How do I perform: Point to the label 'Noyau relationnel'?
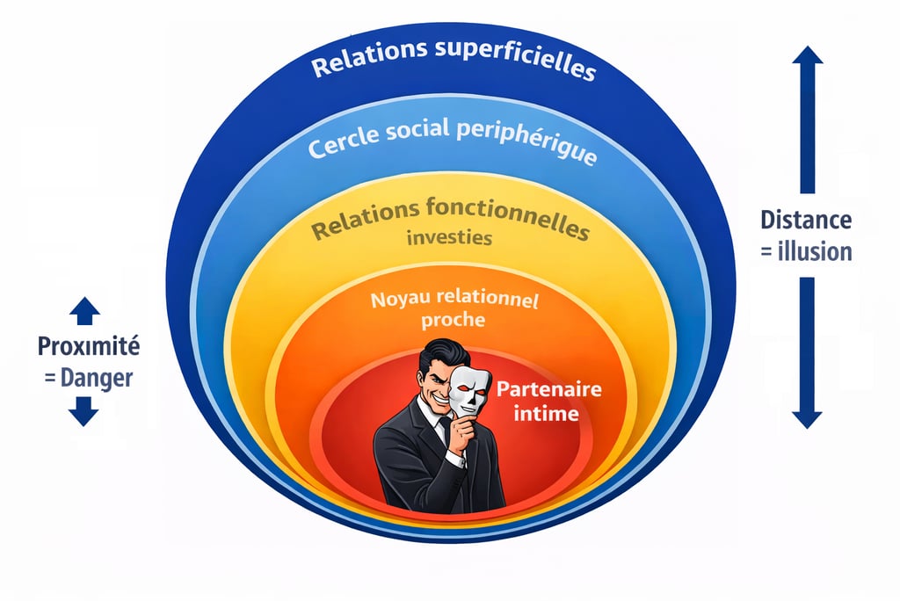pos(454,300)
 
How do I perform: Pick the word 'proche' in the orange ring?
pos(453,320)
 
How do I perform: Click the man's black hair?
pos(439,354)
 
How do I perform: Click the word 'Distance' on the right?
pos(805,221)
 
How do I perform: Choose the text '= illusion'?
pos(805,251)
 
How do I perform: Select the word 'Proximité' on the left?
pos(88,346)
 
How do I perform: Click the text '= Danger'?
pos(88,378)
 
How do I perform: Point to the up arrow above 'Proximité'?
pos(84,309)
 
